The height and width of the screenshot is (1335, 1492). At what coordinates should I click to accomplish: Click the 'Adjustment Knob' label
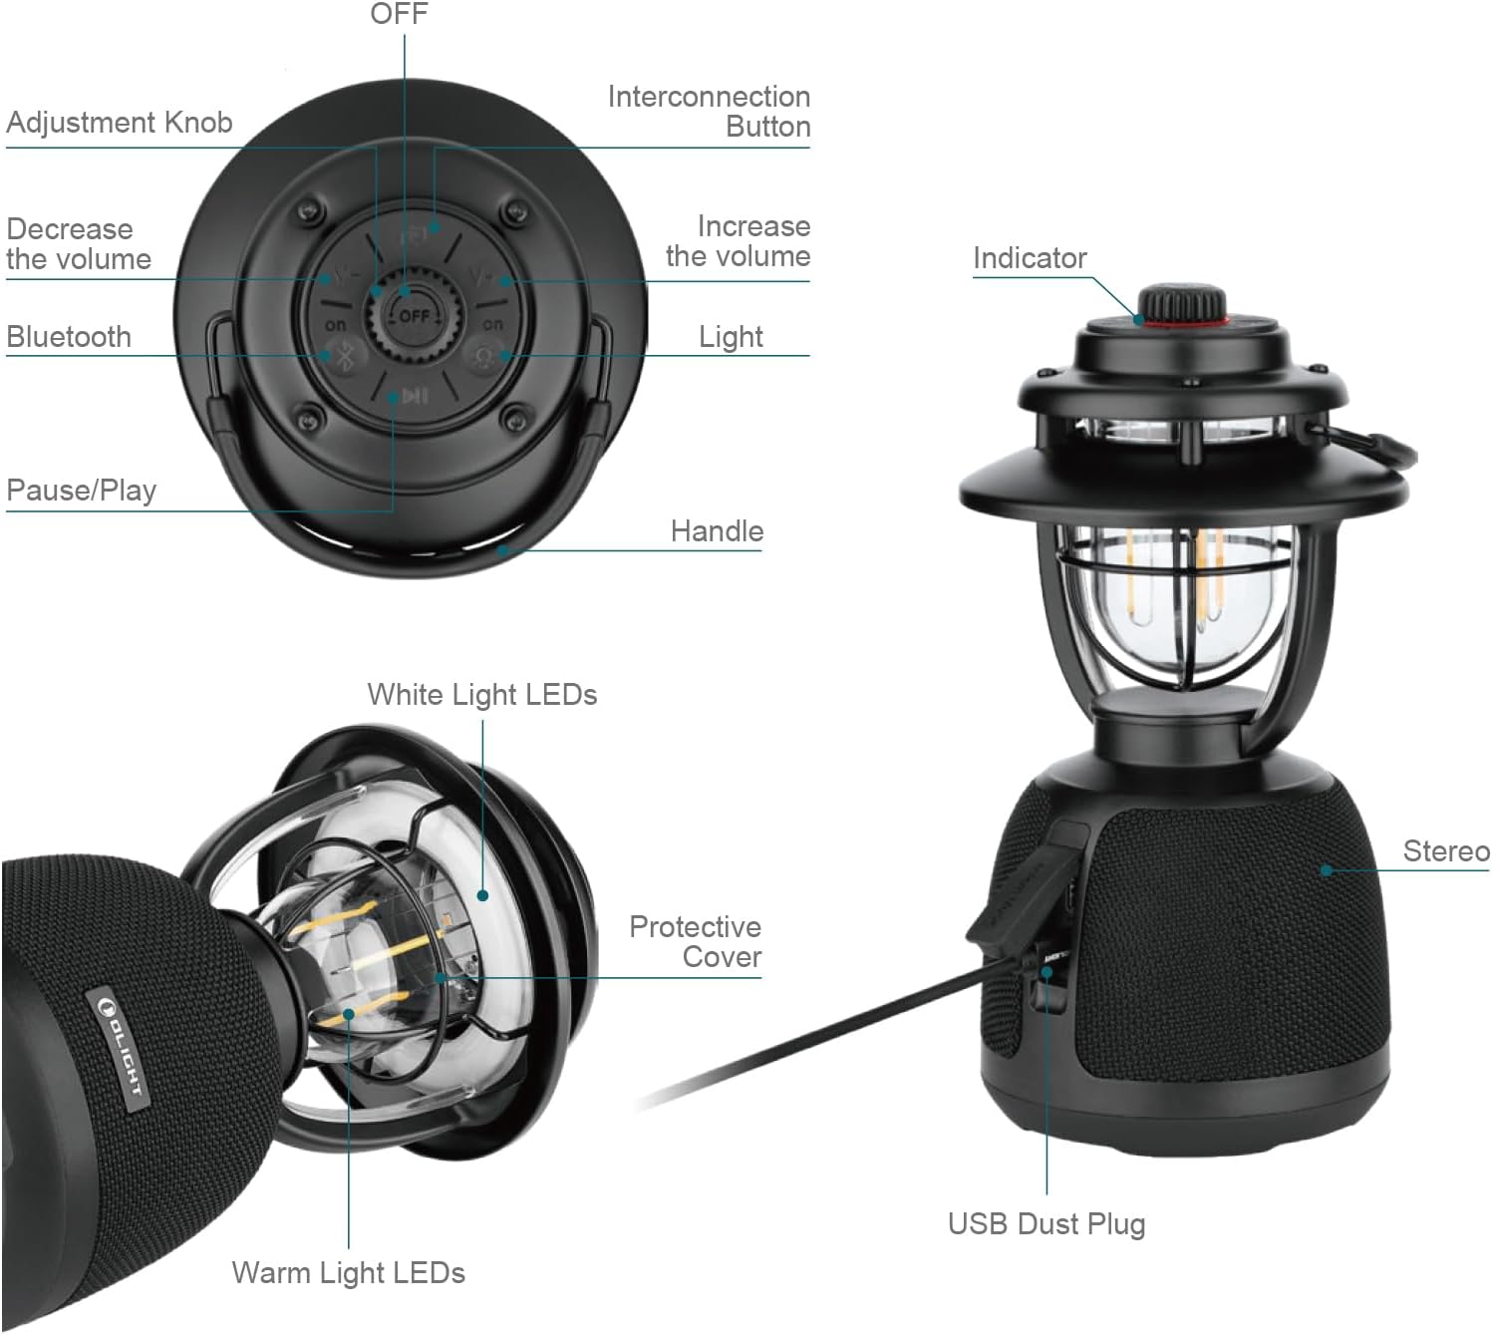click(120, 123)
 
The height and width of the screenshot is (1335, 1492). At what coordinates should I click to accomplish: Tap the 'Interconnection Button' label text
click(709, 112)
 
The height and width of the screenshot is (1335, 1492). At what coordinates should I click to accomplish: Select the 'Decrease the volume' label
click(79, 244)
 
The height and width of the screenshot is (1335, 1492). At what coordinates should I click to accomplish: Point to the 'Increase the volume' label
click(738, 241)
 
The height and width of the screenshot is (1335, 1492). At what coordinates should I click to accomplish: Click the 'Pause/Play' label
click(82, 491)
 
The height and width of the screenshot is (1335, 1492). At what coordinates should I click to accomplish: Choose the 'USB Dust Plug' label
click(1046, 1224)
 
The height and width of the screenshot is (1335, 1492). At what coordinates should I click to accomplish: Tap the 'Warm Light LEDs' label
click(349, 1273)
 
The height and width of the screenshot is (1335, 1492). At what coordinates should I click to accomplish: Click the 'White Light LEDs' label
click(482, 695)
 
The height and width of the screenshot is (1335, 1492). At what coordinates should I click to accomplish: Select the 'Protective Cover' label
click(696, 942)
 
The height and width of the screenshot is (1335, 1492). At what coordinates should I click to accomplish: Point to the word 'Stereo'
click(1446, 851)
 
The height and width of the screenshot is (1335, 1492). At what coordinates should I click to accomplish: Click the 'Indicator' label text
click(1030, 258)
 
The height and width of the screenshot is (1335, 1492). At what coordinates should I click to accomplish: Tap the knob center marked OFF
click(414, 316)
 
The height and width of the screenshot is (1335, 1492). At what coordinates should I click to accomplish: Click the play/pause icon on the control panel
click(415, 397)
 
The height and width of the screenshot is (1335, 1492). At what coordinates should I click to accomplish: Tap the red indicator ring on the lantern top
click(1182, 323)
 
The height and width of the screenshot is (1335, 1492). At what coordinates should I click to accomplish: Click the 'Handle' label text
click(717, 531)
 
